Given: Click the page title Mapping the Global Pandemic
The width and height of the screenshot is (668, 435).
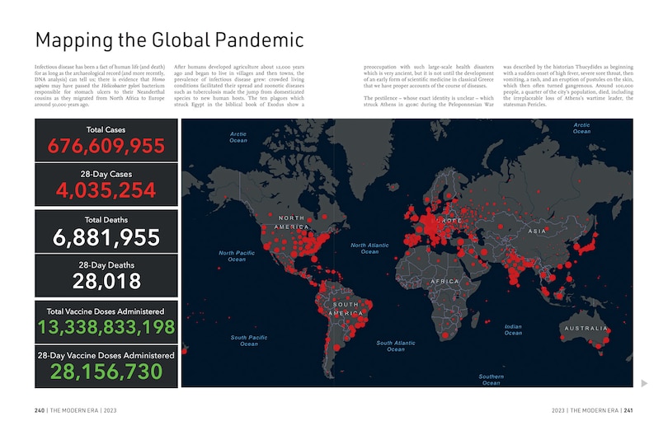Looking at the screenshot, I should click(x=169, y=40).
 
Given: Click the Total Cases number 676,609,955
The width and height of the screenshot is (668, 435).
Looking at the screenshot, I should click(x=106, y=147).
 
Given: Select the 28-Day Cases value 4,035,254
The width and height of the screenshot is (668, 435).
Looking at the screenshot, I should click(x=106, y=191).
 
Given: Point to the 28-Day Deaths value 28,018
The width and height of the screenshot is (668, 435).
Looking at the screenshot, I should click(x=106, y=282).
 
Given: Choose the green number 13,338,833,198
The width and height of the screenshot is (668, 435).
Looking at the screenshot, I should click(x=106, y=328).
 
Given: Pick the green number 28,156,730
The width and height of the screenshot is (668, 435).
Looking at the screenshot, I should click(x=106, y=372).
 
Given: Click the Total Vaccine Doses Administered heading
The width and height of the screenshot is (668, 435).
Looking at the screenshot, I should click(x=106, y=311).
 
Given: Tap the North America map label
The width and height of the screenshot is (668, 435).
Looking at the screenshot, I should click(x=291, y=222).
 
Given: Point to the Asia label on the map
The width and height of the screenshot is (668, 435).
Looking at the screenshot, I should click(x=537, y=232).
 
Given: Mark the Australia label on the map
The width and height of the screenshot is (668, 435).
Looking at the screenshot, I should click(x=586, y=328).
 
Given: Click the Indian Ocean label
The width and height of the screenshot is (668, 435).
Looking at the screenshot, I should click(x=513, y=330).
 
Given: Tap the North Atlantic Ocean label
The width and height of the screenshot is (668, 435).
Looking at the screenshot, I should click(x=369, y=248).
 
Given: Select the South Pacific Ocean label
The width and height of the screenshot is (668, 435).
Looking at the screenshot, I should click(x=248, y=340).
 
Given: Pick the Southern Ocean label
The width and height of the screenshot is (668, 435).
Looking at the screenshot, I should click(x=491, y=380).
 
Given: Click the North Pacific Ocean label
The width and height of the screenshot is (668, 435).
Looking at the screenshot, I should click(x=237, y=255).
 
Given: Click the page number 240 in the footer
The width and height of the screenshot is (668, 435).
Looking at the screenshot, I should click(x=40, y=410).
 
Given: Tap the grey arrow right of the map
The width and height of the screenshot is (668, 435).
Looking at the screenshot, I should click(x=644, y=382).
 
